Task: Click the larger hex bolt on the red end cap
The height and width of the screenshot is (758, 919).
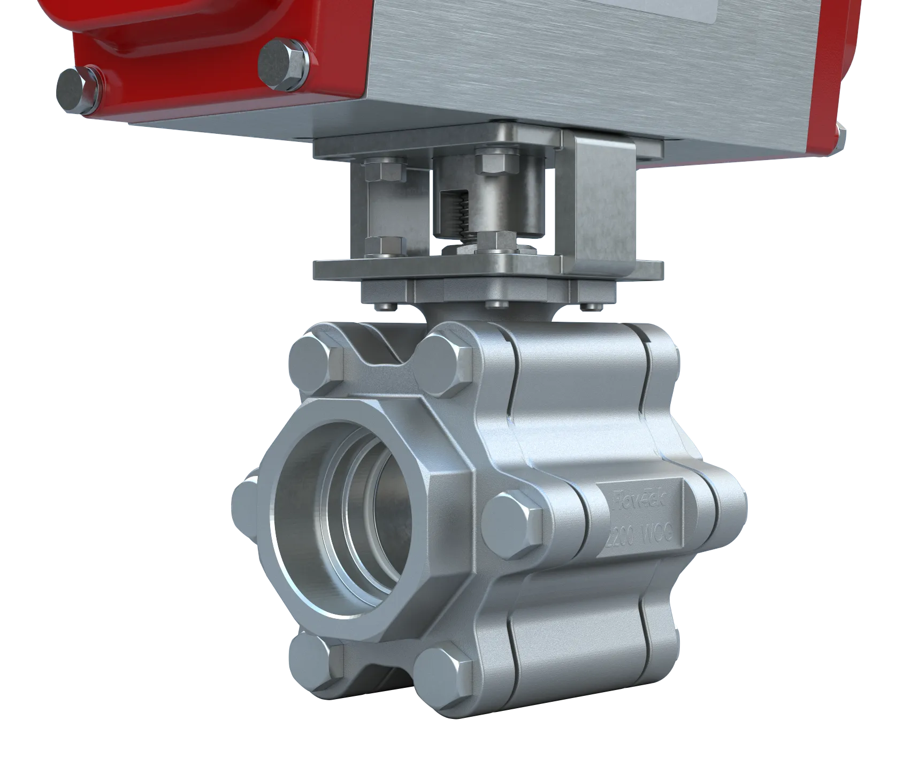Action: (x=282, y=63)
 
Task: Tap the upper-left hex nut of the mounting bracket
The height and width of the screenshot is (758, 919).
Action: (x=383, y=170)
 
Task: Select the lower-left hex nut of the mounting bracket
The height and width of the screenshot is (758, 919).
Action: (x=383, y=246)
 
